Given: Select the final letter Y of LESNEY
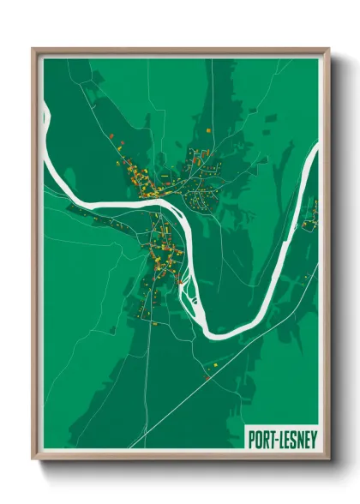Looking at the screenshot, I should click(312, 438).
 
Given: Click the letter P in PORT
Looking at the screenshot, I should click(251, 438).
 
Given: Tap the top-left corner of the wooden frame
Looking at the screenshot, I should click(33, 49).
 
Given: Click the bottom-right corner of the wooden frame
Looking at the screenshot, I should click(330, 459).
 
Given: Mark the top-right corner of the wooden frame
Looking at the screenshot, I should click(330, 49).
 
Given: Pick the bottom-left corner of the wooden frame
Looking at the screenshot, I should click(33, 459).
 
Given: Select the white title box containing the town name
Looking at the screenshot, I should click(281, 438).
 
